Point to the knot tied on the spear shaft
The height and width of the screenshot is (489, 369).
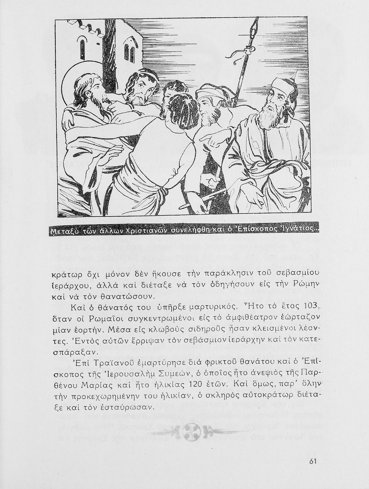point(250,50)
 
